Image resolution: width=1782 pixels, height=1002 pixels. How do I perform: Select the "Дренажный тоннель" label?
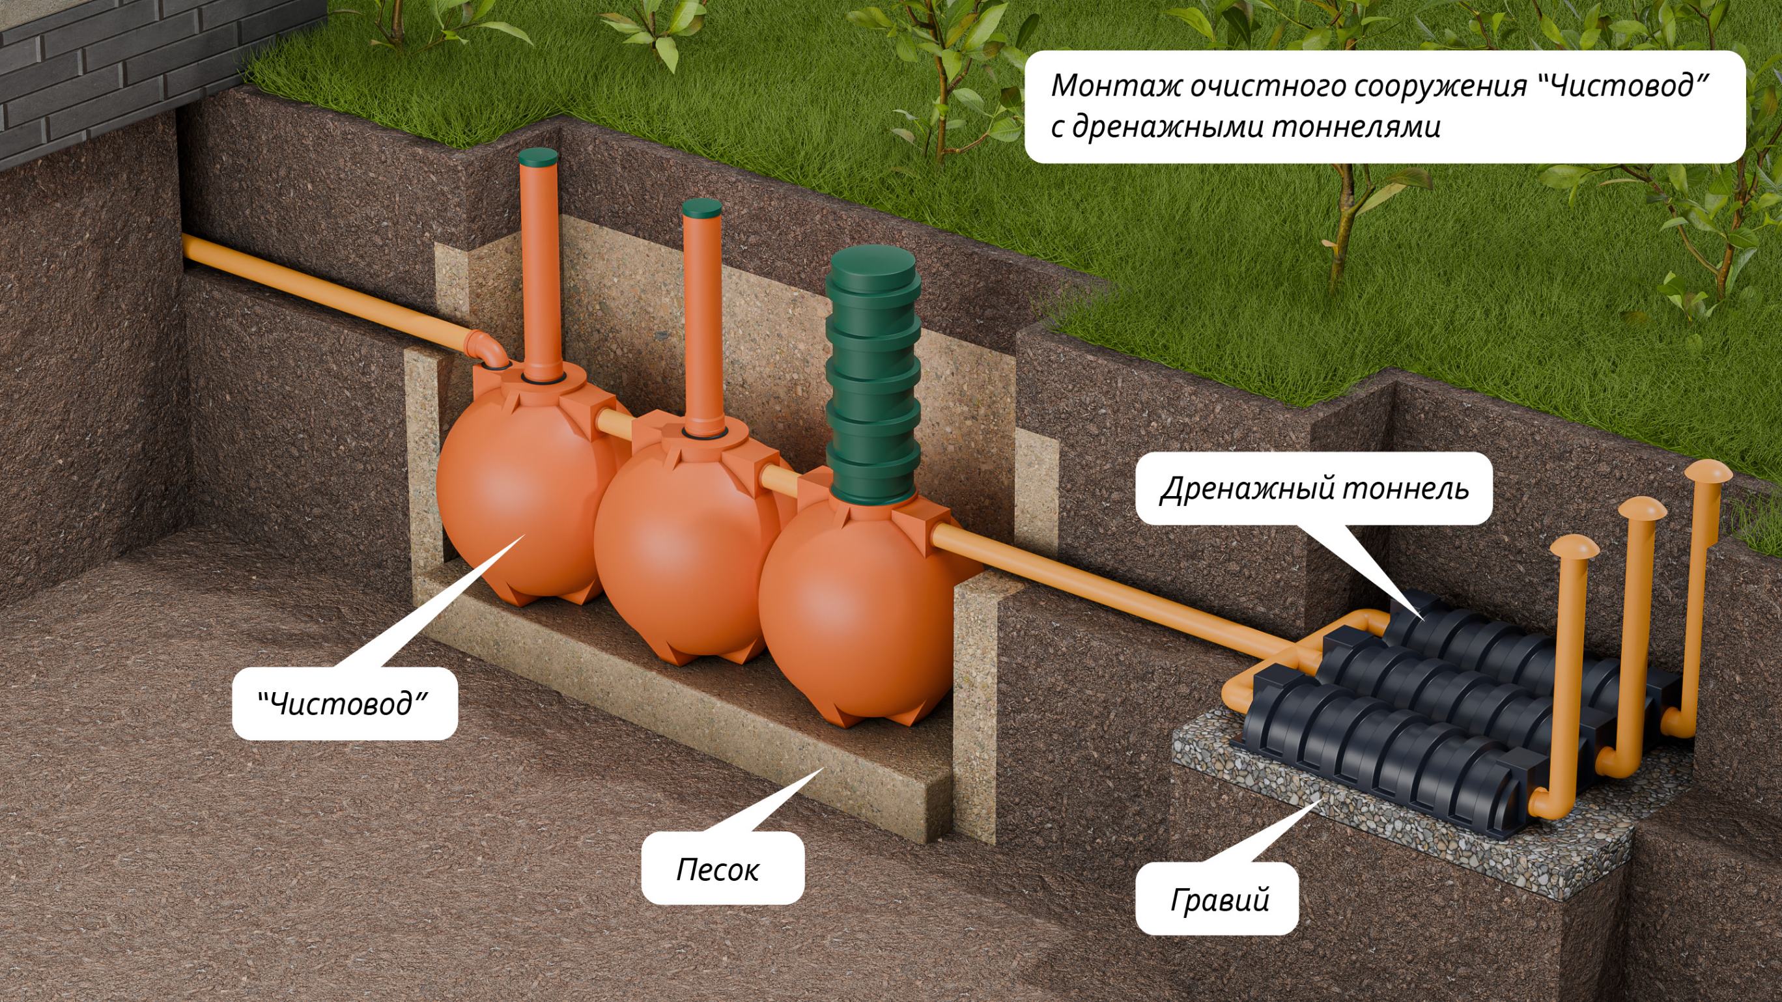pos(1314,488)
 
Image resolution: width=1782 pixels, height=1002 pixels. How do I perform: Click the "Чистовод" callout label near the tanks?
pos(344,704)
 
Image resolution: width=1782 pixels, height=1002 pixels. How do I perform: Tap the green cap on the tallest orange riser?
pos(537,156)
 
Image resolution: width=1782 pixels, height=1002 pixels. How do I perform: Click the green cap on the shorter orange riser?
pos(701,206)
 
